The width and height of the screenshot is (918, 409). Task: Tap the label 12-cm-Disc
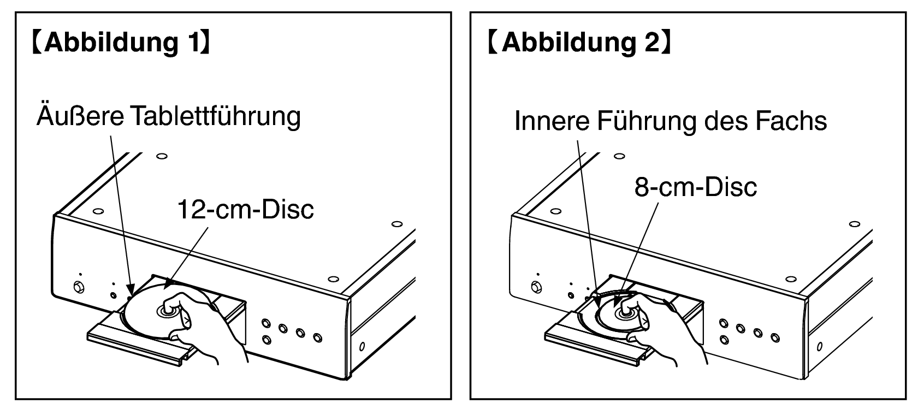click(246, 210)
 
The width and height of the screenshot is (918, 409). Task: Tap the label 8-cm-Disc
click(696, 187)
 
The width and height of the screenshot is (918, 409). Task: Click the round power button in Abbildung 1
click(79, 287)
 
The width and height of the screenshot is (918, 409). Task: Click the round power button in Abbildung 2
click(536, 287)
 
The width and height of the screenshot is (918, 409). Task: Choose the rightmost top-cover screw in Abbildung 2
click(855, 224)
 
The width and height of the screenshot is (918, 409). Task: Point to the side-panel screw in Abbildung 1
click(362, 346)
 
